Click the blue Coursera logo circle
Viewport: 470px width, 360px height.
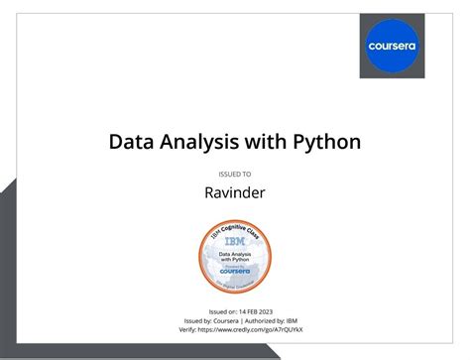(x=392, y=46)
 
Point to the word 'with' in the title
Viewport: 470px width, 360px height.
(x=268, y=142)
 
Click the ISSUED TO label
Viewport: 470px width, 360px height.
(x=234, y=174)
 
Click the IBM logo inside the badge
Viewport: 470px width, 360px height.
(x=235, y=241)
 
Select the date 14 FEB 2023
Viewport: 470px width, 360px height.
(x=252, y=311)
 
